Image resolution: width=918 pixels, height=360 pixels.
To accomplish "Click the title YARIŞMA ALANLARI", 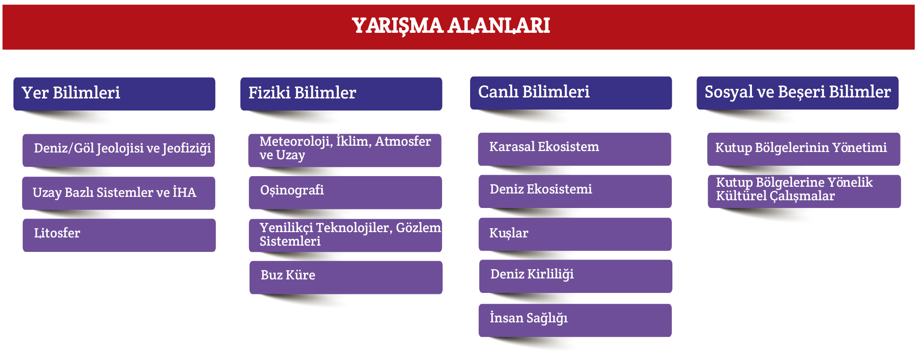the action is click(x=451, y=26).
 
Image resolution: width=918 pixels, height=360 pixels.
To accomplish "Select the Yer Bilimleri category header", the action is click(x=114, y=94).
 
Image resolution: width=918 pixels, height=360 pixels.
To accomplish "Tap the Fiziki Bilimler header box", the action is click(x=341, y=94).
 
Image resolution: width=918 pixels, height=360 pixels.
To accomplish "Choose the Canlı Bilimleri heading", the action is click(x=571, y=93).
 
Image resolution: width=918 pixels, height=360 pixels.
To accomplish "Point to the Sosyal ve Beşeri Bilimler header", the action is click(x=797, y=93).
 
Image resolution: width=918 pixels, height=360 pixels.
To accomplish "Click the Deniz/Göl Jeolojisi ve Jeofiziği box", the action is click(x=119, y=150).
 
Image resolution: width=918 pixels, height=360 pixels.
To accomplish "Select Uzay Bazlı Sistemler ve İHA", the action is click(x=119, y=193).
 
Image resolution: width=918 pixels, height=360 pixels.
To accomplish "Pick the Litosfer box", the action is click(x=119, y=235).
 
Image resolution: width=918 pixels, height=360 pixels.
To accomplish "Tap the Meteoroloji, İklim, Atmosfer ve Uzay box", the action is click(x=345, y=150).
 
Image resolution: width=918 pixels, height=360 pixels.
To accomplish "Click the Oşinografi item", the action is click(x=346, y=193).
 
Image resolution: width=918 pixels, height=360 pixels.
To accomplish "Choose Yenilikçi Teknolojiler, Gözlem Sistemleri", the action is click(x=346, y=235).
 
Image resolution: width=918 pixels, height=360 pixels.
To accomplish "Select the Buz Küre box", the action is click(x=346, y=277).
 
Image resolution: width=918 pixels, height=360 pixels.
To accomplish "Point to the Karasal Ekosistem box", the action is click(x=575, y=149).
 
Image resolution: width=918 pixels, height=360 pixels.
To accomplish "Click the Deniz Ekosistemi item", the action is click(x=575, y=192).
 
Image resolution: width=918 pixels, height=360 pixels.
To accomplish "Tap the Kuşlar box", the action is click(x=575, y=234).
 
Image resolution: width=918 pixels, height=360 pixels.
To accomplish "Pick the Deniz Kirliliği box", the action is click(x=576, y=276).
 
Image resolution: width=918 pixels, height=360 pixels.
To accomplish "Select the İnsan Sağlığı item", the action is click(x=575, y=320).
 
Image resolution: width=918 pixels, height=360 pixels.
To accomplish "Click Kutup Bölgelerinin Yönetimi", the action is click(x=804, y=149).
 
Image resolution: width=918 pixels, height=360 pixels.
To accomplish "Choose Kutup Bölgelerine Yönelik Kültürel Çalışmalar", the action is click(x=804, y=192).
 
